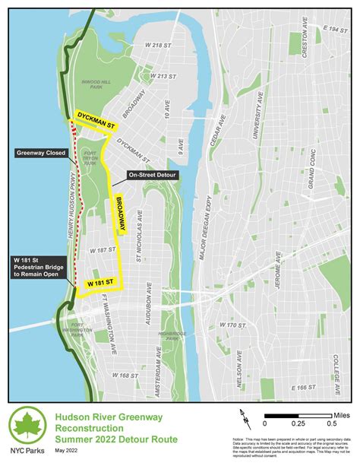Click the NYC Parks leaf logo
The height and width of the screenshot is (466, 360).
(27, 428)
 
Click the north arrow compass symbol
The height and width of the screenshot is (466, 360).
(245, 417)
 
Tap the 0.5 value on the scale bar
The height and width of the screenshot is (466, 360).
(331, 423)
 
